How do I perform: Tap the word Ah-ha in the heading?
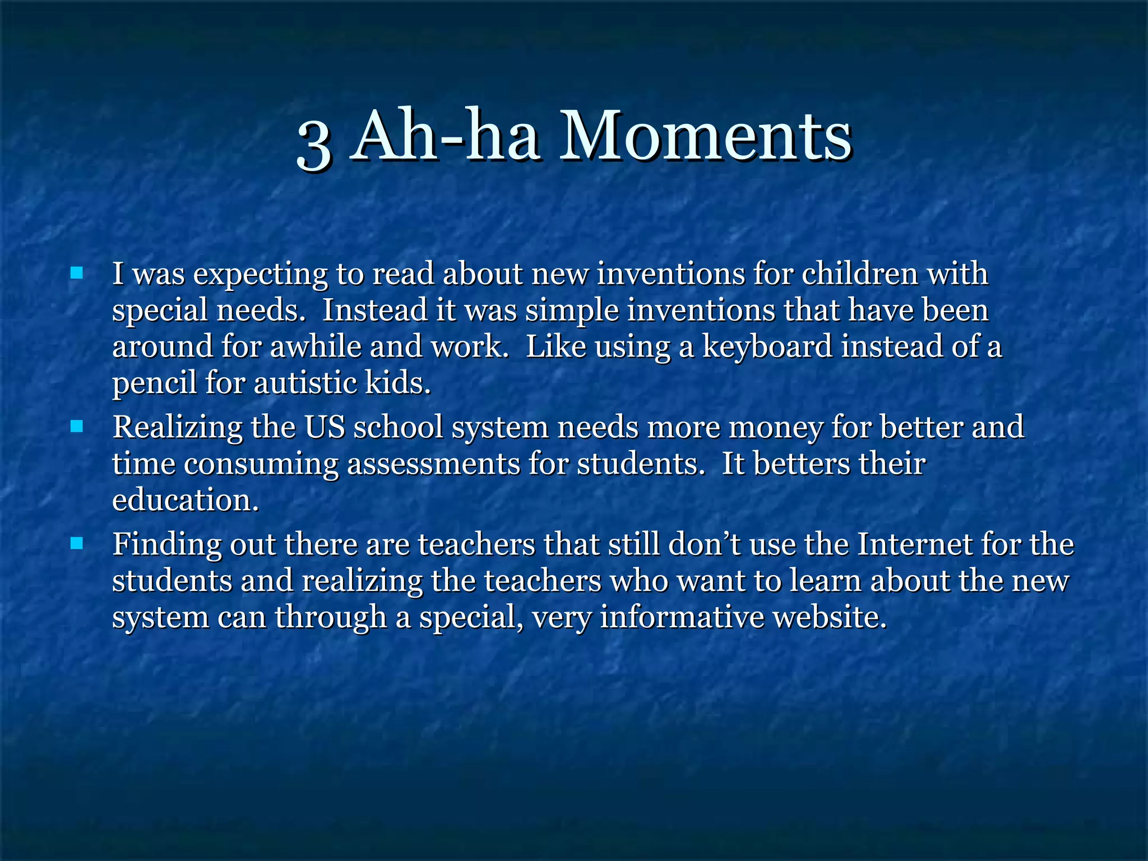click(446, 136)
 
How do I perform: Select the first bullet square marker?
click(77, 273)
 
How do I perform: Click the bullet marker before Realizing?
click(77, 427)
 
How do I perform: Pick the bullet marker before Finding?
click(77, 543)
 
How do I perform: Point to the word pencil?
click(154, 383)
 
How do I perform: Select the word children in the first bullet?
click(860, 274)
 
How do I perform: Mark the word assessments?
click(433, 464)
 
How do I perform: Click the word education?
click(185, 500)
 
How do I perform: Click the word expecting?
click(260, 275)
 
